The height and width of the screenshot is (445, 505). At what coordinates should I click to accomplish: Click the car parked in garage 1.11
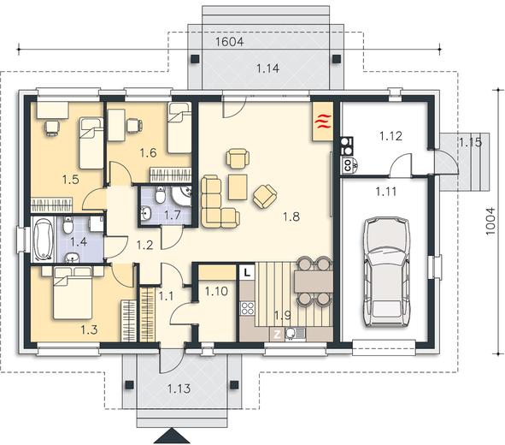pyautogui.click(x=387, y=272)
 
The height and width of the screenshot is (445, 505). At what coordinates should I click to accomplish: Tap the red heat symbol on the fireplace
pyautogui.click(x=322, y=122)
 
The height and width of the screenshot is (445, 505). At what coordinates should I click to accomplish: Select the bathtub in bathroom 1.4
pyautogui.click(x=44, y=239)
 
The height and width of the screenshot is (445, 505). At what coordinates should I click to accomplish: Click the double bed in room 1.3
pyautogui.click(x=73, y=293)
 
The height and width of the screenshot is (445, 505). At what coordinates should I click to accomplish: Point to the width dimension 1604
pyautogui.click(x=229, y=42)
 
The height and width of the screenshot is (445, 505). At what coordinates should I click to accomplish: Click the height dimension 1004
pyautogui.click(x=490, y=221)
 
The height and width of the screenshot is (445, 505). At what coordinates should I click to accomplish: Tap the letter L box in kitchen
pyautogui.click(x=247, y=272)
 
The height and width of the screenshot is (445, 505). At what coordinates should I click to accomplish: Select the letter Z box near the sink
pyautogui.click(x=277, y=335)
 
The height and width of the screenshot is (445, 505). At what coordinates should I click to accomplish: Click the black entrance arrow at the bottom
pyautogui.click(x=172, y=436)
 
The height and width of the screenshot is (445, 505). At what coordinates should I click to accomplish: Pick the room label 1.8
pyautogui.click(x=291, y=217)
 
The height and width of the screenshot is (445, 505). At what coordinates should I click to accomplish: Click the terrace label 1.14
pyautogui.click(x=267, y=68)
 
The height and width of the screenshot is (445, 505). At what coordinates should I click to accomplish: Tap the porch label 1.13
pyautogui.click(x=179, y=389)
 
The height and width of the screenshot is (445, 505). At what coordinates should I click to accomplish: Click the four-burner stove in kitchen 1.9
pyautogui.click(x=247, y=308)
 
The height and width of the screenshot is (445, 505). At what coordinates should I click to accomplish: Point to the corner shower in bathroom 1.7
pyautogui.click(x=182, y=196)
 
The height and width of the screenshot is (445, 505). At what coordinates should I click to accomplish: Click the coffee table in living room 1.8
pyautogui.click(x=238, y=187)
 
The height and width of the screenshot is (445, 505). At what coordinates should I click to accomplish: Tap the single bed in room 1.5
pyautogui.click(x=91, y=143)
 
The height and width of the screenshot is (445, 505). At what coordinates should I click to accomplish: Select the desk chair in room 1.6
pyautogui.click(x=134, y=126)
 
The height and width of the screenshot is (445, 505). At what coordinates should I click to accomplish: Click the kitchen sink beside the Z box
pyautogui.click(x=294, y=335)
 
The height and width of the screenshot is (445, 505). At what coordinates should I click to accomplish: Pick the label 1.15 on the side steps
pyautogui.click(x=470, y=142)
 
